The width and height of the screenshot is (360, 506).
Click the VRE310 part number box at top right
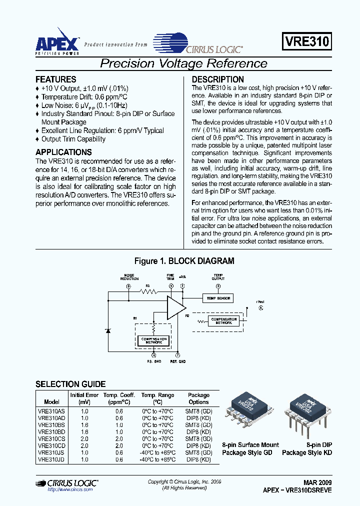point(307,42)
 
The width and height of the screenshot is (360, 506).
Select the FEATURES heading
point(56,79)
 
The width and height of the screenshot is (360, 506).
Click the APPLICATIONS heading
point(63,152)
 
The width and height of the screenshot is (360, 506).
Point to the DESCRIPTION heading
point(218,79)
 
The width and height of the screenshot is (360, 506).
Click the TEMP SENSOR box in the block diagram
point(217,298)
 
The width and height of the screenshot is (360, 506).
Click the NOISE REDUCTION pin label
point(128,277)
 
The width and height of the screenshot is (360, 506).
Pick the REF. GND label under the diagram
point(178,361)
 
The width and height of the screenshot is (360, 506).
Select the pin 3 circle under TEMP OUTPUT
point(217,286)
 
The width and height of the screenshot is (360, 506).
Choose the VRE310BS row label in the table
point(51,424)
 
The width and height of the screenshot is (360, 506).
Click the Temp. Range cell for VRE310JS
point(158,452)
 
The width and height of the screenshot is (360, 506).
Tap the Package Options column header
point(198,398)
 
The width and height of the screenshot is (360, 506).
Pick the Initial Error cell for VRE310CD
point(84,445)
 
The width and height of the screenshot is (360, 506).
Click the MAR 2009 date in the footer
point(317,482)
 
